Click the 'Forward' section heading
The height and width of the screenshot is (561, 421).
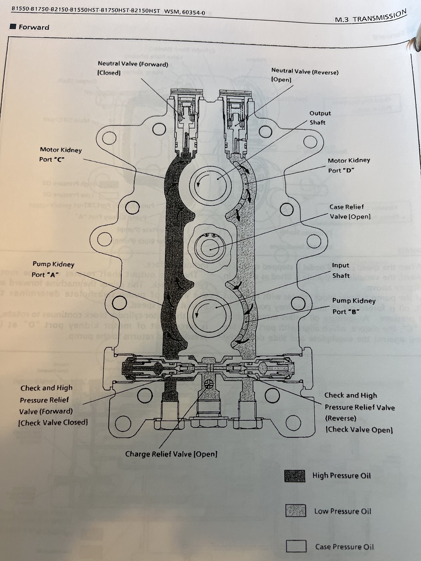[x=33, y=27]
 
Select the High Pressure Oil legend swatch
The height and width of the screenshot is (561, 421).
[x=295, y=476]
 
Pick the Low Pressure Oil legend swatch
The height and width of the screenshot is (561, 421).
[x=295, y=511]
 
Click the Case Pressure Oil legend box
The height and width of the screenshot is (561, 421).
[x=296, y=546]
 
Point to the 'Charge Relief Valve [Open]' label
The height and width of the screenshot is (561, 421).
[x=171, y=454]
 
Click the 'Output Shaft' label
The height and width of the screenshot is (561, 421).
[x=320, y=118]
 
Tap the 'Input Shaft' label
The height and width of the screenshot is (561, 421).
[x=340, y=270]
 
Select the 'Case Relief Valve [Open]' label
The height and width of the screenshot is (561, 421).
[x=349, y=212]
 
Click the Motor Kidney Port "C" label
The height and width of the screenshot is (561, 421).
[x=61, y=154]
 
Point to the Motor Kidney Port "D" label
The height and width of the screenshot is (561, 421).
[x=349, y=165]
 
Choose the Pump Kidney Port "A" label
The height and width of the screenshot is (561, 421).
[x=53, y=269]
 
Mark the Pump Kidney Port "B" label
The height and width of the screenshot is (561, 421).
[x=354, y=306]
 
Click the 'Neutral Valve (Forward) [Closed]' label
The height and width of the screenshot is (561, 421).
[x=133, y=68]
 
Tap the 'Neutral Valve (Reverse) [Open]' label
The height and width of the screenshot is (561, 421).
[x=305, y=75]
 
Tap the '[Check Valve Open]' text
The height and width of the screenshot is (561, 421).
[x=359, y=430]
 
